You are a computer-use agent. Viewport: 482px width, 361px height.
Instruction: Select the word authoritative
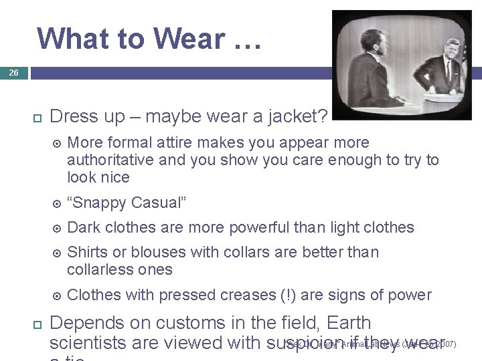click(111, 160)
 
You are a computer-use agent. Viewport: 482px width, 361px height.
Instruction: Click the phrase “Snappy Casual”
click(125, 203)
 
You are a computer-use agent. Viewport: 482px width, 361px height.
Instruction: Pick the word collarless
click(98, 269)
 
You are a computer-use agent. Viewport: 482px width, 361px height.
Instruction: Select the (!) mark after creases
click(289, 295)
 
